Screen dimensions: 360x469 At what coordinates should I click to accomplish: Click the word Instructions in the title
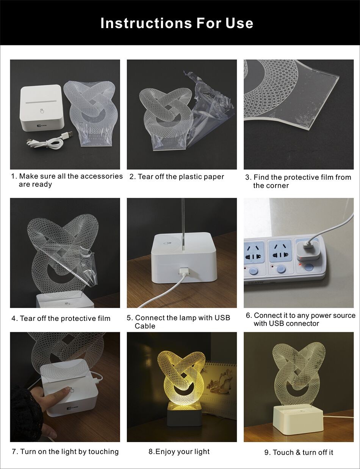point(146,23)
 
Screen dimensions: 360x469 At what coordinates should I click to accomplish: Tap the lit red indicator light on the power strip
point(300,264)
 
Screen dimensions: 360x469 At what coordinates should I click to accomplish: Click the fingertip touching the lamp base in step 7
point(69,389)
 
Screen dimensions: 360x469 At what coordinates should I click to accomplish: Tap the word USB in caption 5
point(222,318)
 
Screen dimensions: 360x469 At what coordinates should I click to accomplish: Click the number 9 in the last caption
point(266,452)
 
